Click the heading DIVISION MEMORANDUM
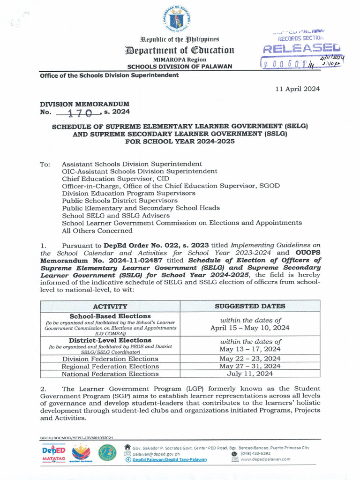pos(84,104)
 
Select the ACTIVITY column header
pos(110,306)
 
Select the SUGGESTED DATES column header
pos(250,306)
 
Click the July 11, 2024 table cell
pos(250,374)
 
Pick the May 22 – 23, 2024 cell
pos(250,359)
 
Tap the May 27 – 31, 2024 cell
pos(250,366)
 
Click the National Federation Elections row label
pos(110,374)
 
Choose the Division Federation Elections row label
pos(110,359)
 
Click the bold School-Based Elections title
pos(110,316)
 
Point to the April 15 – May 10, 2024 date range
pos(250,328)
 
